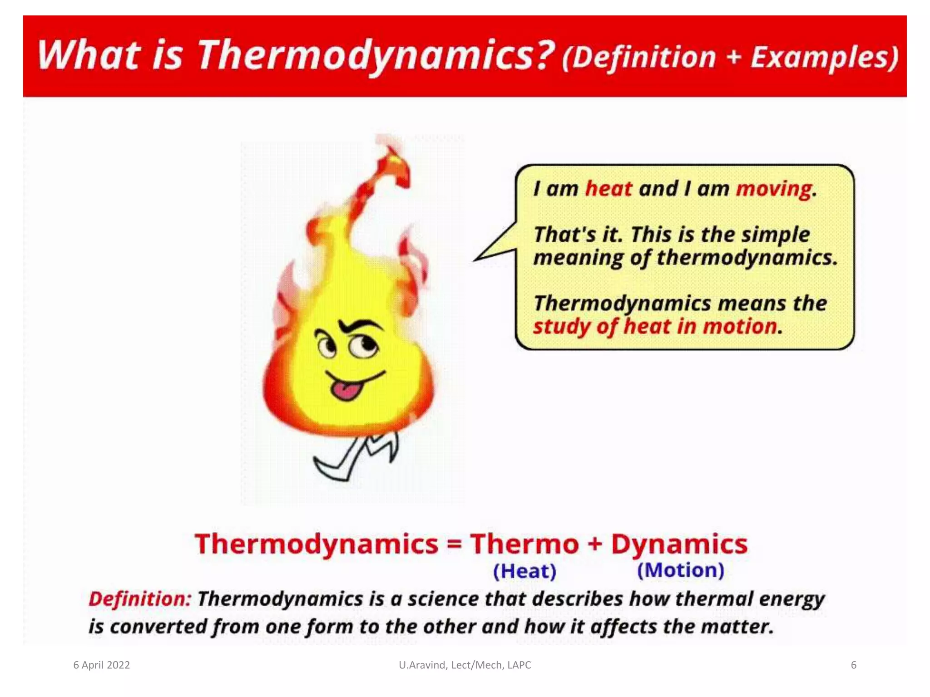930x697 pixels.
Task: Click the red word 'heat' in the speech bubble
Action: point(608,189)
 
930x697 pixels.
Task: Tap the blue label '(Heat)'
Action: point(524,571)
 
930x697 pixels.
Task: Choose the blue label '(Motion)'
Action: point(680,570)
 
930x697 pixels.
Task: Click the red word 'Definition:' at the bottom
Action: point(140,599)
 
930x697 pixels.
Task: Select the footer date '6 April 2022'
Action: point(102,665)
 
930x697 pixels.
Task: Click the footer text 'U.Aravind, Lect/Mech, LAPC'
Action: point(465,665)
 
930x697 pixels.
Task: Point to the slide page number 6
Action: point(853,665)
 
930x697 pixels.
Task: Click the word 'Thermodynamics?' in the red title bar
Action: point(376,55)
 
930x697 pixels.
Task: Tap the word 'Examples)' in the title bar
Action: point(824,57)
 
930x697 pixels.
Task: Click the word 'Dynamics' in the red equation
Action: point(679,544)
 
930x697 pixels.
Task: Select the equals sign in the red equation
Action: point(454,544)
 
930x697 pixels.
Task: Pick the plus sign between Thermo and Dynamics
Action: point(595,544)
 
